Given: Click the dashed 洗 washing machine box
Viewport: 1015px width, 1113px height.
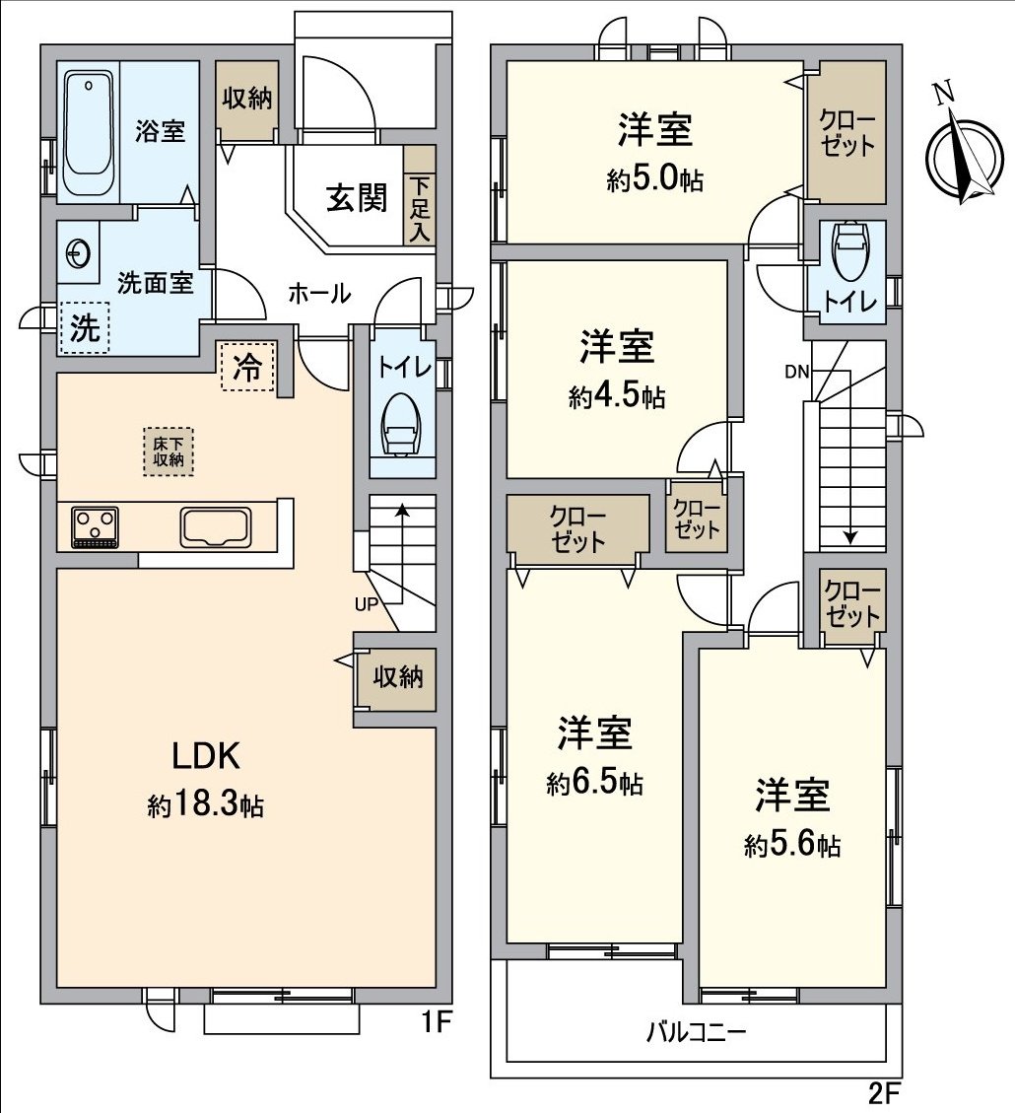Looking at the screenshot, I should (x=85, y=327).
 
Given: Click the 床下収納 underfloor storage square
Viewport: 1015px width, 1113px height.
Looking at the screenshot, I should (x=169, y=452).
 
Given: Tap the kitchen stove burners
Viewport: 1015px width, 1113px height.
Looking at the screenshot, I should (x=96, y=526).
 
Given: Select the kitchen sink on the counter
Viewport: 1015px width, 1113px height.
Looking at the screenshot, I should (x=216, y=526).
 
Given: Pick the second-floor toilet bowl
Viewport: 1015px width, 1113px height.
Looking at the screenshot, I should (x=848, y=252).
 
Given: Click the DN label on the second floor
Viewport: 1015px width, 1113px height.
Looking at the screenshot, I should (x=796, y=372).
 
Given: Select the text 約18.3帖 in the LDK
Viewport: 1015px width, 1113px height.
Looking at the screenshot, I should (x=205, y=805).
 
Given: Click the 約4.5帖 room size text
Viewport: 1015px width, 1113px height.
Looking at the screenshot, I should (x=616, y=397).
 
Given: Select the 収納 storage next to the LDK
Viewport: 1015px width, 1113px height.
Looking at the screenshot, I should (x=397, y=678).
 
